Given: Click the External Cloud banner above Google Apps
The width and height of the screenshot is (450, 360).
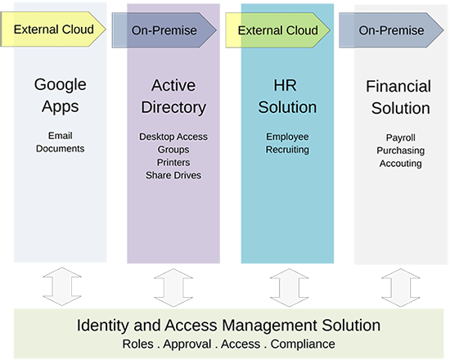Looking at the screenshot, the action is tap(53, 29).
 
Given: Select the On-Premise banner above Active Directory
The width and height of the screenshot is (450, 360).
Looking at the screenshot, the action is tap(164, 30).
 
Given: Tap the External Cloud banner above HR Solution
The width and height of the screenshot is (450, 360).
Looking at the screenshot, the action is tap(278, 30).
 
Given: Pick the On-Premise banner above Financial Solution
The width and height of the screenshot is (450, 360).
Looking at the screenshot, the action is tap(391, 30).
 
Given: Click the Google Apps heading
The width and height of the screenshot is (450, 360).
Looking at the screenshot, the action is tap(61, 95).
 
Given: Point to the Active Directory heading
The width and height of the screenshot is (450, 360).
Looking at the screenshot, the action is tap(173, 97).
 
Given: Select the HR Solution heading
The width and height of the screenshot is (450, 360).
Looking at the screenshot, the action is tap(287, 97).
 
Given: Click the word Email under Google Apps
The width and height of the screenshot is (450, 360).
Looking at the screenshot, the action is tap(61, 136).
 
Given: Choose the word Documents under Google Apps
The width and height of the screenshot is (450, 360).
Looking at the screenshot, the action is tap(61, 148).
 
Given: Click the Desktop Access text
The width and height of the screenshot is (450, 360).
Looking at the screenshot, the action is tap(173, 137).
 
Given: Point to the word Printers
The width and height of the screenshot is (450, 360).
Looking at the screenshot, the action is tap(173, 162).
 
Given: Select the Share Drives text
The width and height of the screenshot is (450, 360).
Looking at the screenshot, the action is tap(173, 175).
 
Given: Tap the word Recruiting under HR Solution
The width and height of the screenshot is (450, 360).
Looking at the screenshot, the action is tap(287, 150).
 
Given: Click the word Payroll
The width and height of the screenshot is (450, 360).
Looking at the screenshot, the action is tap(401, 137).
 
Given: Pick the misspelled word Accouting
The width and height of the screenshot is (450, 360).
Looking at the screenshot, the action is tap(401, 164).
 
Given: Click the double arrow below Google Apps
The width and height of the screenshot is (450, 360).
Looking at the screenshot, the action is tap(62, 286).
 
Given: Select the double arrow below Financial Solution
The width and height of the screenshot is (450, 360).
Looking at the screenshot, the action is tap(401, 288).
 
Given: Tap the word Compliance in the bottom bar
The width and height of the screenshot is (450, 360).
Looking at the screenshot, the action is tap(303, 344).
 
